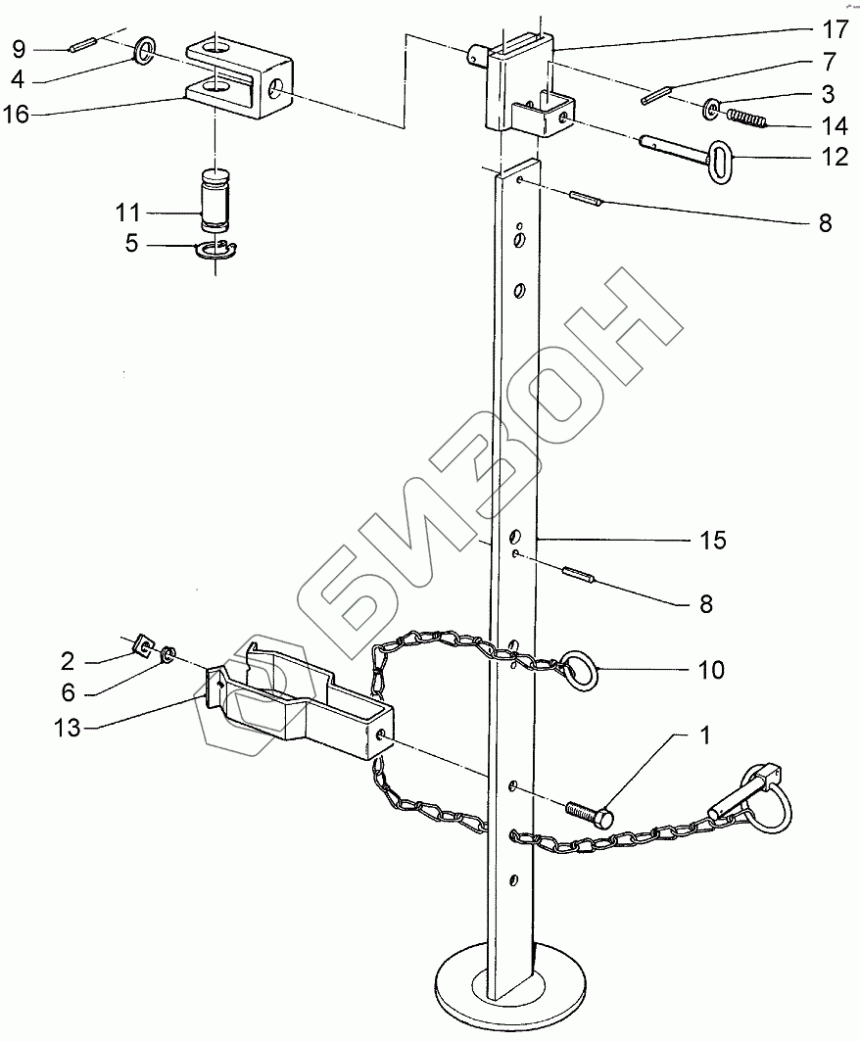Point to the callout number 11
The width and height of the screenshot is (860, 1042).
[127, 213]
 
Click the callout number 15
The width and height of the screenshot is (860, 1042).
[713, 540]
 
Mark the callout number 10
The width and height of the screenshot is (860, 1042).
[711, 670]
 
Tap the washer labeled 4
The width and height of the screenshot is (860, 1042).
[145, 48]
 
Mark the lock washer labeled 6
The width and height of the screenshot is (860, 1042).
[167, 653]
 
